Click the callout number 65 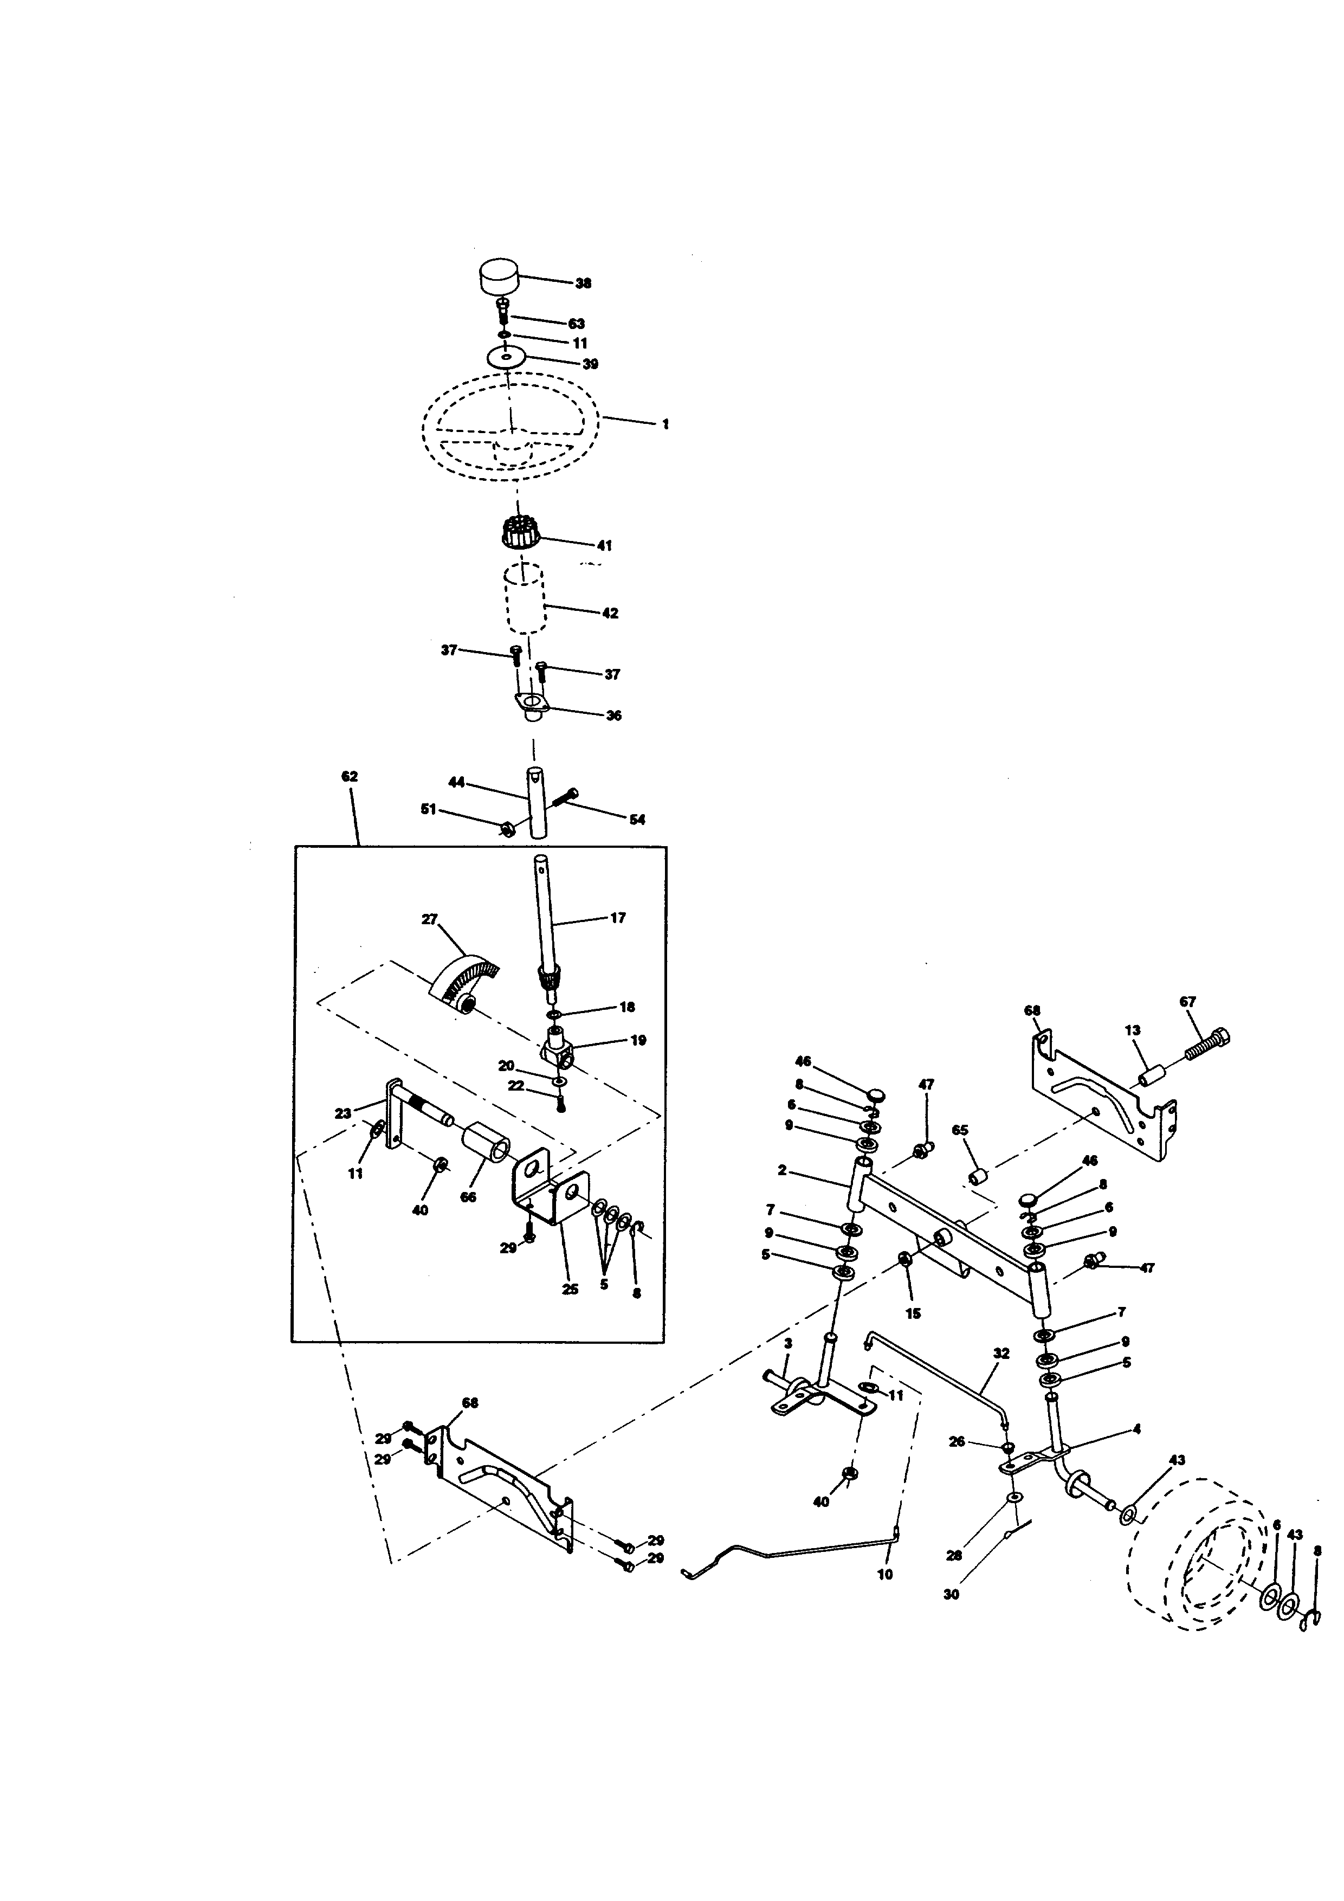pos(960,1131)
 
